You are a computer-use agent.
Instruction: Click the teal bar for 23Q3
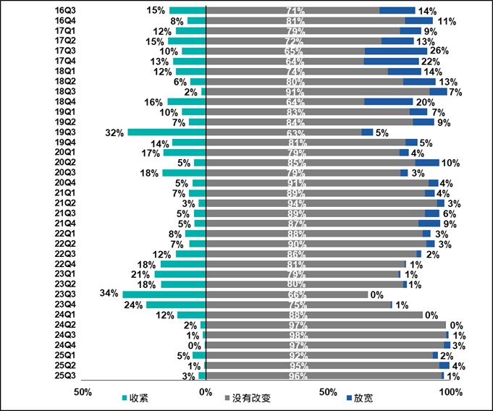click(x=164, y=295)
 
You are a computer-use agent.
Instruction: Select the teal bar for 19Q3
click(x=167, y=132)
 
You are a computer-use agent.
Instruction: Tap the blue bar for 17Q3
click(x=396, y=51)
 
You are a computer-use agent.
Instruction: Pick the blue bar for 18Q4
click(x=388, y=102)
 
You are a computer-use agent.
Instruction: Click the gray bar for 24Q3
click(x=326, y=335)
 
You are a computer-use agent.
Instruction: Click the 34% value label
click(x=109, y=294)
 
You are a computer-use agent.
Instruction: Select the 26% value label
click(x=439, y=51)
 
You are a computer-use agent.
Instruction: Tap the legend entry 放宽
click(x=358, y=398)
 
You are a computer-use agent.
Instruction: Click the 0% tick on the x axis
click(x=206, y=392)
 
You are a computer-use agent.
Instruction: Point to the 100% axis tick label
click(x=449, y=392)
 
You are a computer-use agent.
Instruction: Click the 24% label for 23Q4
click(x=133, y=305)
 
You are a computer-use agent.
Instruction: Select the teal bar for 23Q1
click(x=180, y=274)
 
